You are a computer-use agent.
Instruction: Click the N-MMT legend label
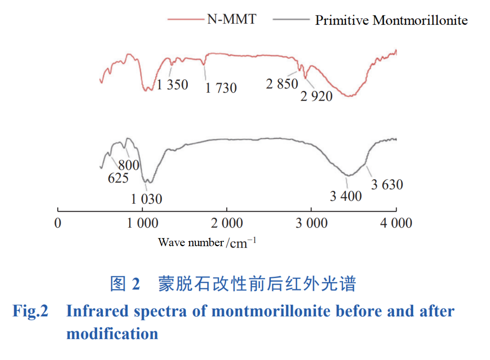231,19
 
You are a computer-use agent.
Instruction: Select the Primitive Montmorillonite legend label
391,20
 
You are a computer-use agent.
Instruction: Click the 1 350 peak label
172,84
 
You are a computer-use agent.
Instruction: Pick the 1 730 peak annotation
221,88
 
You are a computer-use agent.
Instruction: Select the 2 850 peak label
282,84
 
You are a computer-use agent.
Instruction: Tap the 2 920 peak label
316,96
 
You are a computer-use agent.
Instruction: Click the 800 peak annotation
128,165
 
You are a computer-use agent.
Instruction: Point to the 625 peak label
118,178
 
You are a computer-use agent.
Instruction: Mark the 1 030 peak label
146,199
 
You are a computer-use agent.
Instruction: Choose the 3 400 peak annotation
346,196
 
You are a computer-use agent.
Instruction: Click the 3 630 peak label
387,185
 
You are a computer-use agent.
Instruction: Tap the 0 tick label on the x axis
58,223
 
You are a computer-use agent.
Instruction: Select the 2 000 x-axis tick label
227,223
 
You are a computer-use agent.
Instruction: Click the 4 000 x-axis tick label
396,223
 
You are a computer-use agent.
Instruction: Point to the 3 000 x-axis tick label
312,223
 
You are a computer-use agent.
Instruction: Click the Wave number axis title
207,243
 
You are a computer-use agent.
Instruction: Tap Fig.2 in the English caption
30,311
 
